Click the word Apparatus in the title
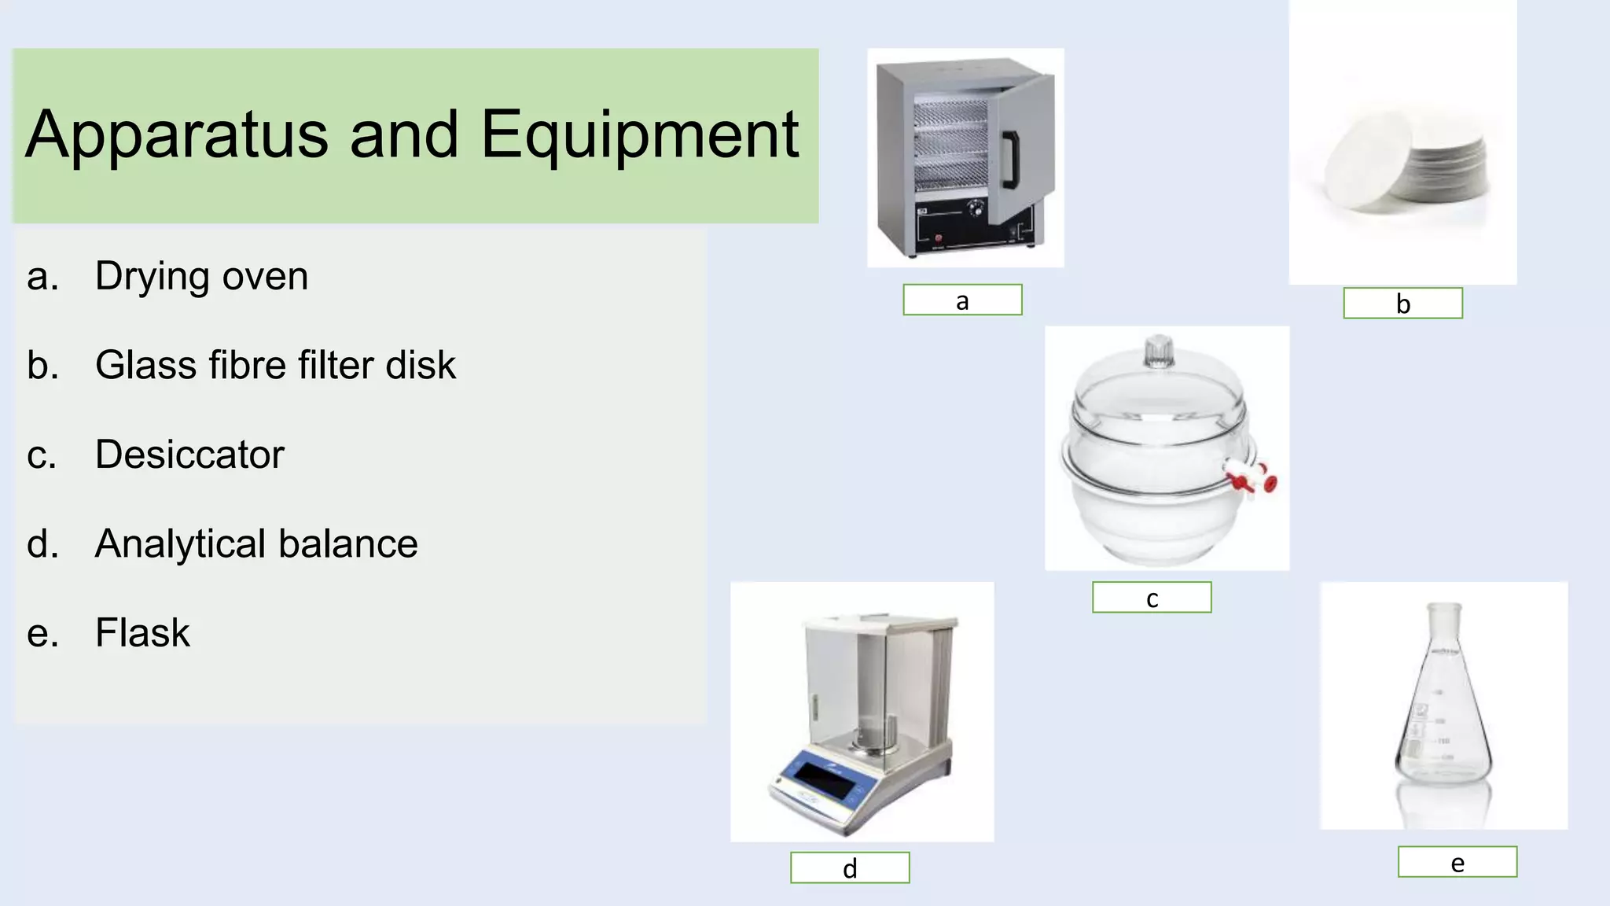click(x=177, y=135)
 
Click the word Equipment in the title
click(x=639, y=135)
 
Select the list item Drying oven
click(x=201, y=276)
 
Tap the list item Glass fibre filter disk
click(x=275, y=365)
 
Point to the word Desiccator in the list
click(x=189, y=455)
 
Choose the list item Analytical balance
click(x=256, y=543)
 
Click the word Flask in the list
click(x=142, y=632)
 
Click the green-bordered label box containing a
click(x=962, y=300)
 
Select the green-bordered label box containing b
click(x=1402, y=304)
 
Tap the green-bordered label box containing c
click(x=1152, y=598)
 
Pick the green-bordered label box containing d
click(x=850, y=867)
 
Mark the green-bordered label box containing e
click(x=1457, y=862)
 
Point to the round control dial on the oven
click(x=976, y=209)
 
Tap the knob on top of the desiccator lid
click(x=1159, y=351)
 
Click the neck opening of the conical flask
click(x=1445, y=608)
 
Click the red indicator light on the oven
click(x=938, y=238)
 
